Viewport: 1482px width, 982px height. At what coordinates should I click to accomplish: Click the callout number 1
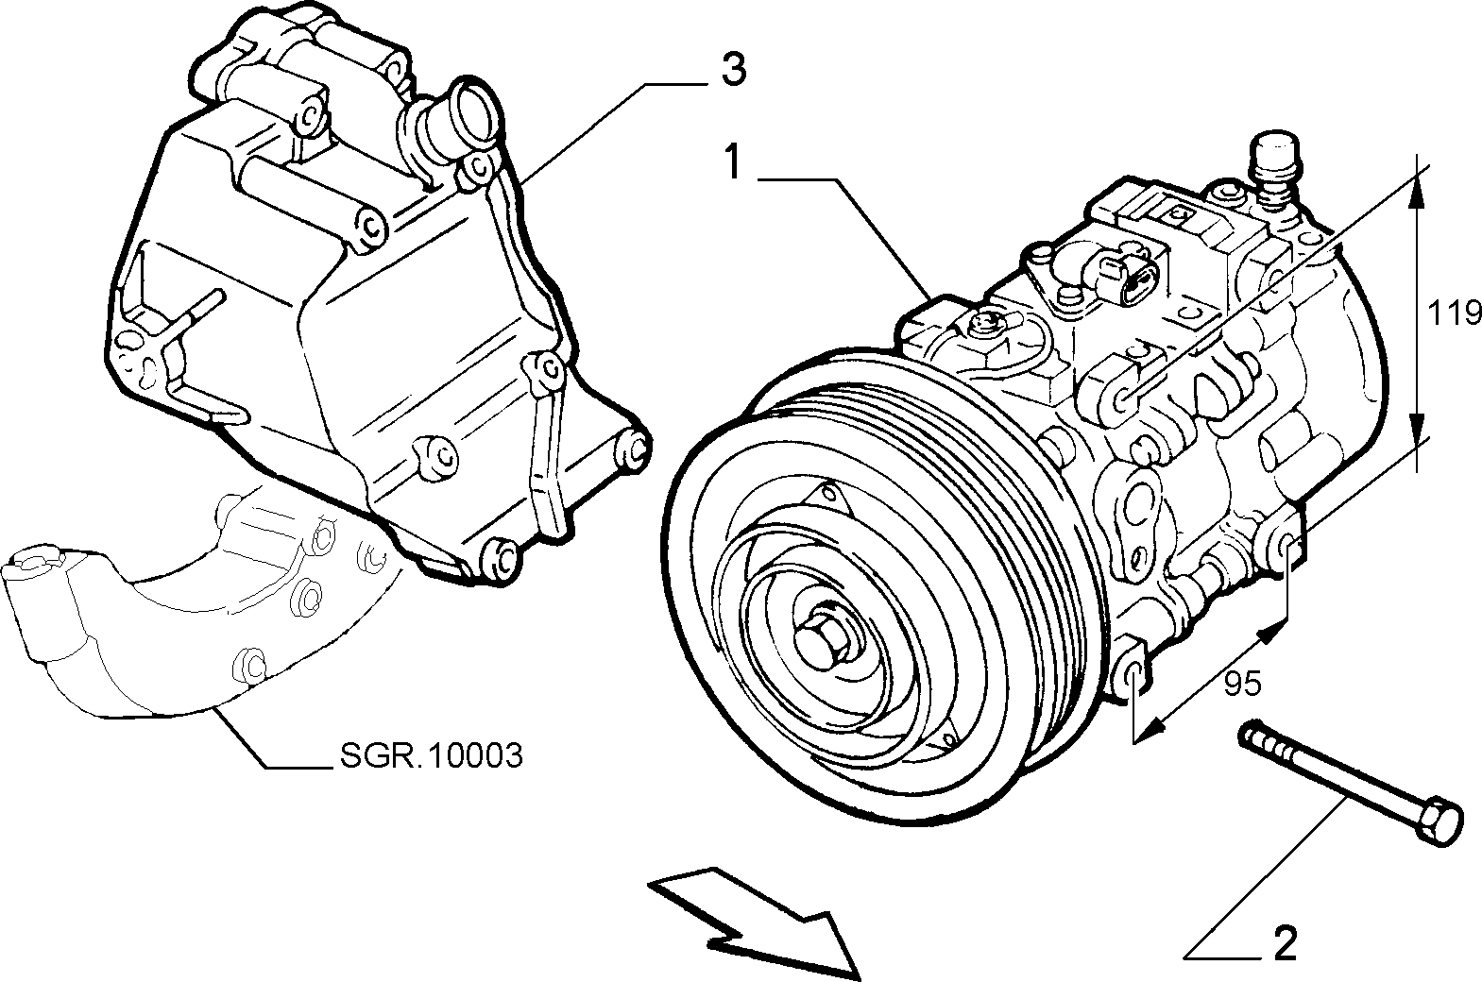732,161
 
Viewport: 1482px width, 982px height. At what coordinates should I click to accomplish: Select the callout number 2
1285,943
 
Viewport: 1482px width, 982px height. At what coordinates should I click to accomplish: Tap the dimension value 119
1453,313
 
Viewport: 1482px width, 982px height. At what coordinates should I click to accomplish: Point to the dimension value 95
1242,683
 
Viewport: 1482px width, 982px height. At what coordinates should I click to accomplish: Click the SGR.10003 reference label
432,754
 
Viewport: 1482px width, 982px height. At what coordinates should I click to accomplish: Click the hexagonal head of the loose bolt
1438,825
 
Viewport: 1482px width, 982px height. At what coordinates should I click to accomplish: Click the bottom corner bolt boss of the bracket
500,559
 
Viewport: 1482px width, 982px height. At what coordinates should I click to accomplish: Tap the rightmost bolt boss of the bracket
633,449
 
